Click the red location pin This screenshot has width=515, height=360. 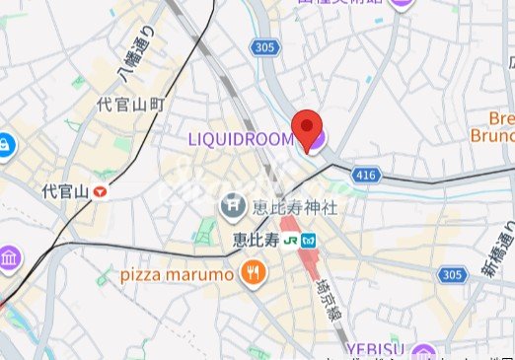pos(309,129)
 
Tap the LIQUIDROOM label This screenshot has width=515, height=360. pos(240,140)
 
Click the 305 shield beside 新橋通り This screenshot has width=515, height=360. pos(453,274)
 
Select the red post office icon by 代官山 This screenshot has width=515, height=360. pos(101,191)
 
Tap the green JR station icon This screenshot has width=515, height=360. pos(290,240)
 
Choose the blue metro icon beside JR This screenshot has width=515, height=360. pos(309,240)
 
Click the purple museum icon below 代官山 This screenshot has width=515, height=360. pos(7,260)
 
